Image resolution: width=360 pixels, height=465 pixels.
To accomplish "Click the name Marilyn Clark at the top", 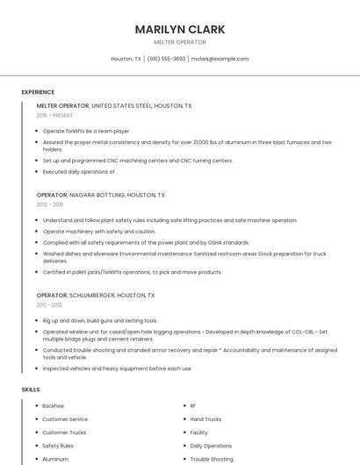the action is click(180, 29).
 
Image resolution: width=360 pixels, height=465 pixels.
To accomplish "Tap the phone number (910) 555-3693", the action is click(166, 59).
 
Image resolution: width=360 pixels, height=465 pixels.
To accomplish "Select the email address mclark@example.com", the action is click(220, 59).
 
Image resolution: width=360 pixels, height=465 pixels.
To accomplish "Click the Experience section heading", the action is click(38, 92).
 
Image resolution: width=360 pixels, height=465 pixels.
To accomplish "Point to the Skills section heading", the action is click(31, 389).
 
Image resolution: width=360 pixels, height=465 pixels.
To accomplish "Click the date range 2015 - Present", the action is click(54, 115).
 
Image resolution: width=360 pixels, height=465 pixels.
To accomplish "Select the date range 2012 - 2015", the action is click(50, 204).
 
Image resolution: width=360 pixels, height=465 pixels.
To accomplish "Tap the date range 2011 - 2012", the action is click(49, 305).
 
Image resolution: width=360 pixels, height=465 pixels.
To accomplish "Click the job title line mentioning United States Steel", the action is click(114, 105).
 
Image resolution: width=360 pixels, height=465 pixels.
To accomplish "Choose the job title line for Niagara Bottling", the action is click(100, 195).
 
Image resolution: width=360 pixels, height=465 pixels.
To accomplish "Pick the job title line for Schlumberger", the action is click(96, 296).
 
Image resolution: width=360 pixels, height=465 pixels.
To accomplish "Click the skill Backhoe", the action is click(54, 406).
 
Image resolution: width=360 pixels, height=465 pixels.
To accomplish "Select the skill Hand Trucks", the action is click(206, 419).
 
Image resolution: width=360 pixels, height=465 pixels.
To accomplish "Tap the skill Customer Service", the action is click(65, 419).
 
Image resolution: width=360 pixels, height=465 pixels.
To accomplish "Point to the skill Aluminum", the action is click(55, 459).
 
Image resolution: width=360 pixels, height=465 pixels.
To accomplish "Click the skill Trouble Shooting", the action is click(212, 459).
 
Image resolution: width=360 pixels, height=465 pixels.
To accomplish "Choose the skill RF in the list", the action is click(193, 406).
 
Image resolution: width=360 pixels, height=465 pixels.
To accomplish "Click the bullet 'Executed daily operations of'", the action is click(80, 172).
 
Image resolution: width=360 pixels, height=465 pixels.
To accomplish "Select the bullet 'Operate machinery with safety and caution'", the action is click(99, 232).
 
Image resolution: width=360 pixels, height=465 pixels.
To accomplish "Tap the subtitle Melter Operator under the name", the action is click(180, 42).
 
